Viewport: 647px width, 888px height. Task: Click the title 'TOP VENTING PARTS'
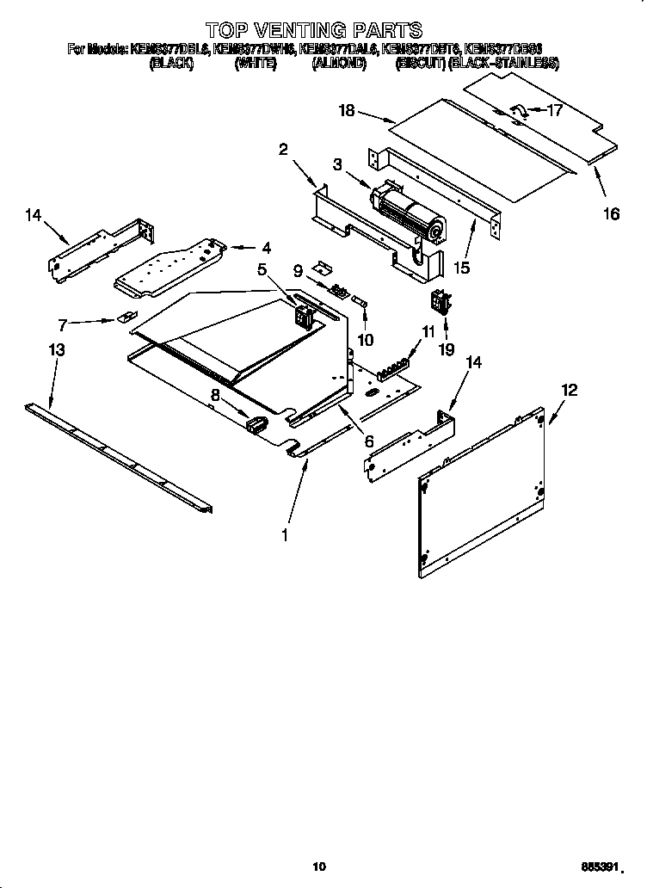coord(313,33)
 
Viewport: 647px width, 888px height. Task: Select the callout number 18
coord(347,110)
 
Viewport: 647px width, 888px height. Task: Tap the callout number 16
coord(610,214)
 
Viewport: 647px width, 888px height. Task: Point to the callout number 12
coord(569,390)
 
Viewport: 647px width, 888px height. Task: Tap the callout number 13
coord(56,350)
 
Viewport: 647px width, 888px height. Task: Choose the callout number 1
coord(285,535)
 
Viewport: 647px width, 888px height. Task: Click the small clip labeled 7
coord(125,318)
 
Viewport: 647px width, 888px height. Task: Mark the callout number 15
coord(462,268)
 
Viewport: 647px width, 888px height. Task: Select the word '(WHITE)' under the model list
coord(255,64)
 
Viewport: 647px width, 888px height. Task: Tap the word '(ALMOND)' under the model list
coord(339,64)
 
